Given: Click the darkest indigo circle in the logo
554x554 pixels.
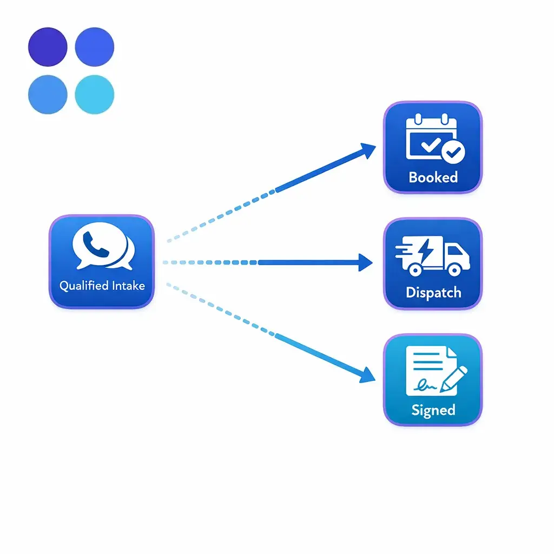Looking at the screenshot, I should pyautogui.click(x=48, y=47).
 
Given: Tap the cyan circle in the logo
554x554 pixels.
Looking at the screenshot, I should pyautogui.click(x=95, y=94).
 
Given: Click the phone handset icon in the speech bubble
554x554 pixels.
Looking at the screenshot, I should pyautogui.click(x=98, y=244).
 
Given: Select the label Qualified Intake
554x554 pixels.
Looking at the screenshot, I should pyautogui.click(x=102, y=285).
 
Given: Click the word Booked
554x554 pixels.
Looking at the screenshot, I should pyautogui.click(x=433, y=177).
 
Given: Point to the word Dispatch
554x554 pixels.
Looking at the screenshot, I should pyautogui.click(x=433, y=293).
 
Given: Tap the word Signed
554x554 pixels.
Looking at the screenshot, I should pyautogui.click(x=433, y=410).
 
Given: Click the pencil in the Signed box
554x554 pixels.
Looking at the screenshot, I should pyautogui.click(x=453, y=379).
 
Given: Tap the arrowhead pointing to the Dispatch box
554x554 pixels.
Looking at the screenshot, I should pyautogui.click(x=366, y=262).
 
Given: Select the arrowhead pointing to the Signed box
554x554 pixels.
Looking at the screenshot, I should pyautogui.click(x=369, y=375).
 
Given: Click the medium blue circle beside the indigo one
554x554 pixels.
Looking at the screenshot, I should pyautogui.click(x=95, y=47).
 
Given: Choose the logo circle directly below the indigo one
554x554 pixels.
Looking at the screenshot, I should pyautogui.click(x=48, y=94).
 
